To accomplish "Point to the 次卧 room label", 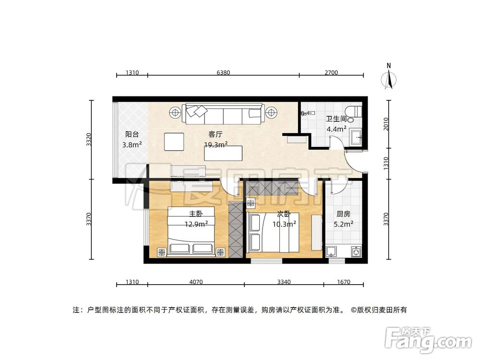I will click(283, 215).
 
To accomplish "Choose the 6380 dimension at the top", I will click(224, 73).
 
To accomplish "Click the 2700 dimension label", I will click(331, 73).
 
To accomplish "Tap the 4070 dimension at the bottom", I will click(196, 282).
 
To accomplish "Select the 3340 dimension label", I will click(284, 282).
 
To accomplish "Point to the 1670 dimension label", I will click(343, 282).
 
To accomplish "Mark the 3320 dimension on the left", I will click(88, 140).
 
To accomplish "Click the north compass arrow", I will click(390, 79).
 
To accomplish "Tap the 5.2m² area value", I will click(344, 223).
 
